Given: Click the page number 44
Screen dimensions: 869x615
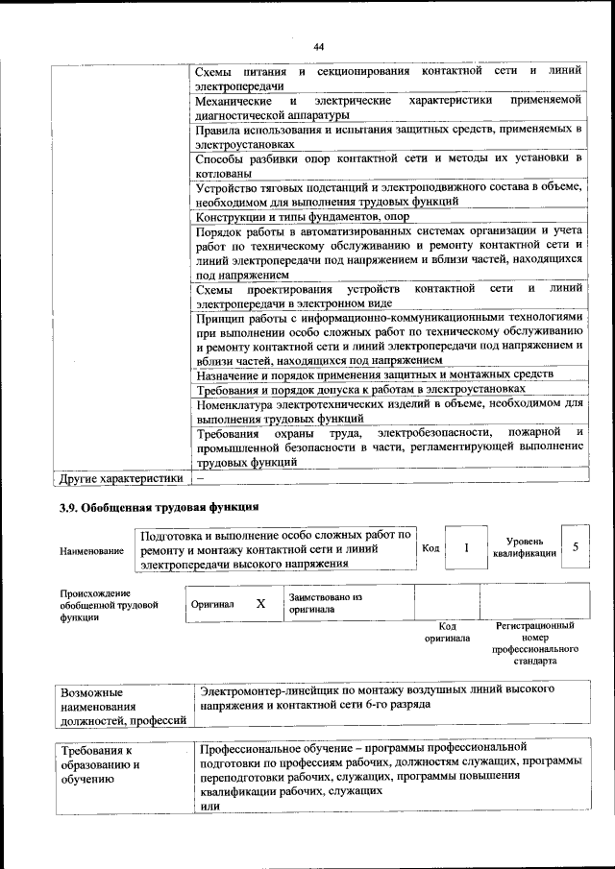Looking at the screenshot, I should (x=318, y=46).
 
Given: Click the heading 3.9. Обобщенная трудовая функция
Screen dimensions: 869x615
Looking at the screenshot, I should (x=160, y=505).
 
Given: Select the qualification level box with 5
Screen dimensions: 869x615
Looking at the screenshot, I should (x=575, y=546).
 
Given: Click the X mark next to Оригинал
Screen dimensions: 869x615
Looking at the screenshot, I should (x=259, y=604).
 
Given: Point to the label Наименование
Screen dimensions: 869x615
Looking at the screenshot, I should (x=91, y=551).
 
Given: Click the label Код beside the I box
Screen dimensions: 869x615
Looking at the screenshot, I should (x=430, y=547).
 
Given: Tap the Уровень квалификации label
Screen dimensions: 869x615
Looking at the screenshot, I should (x=525, y=547).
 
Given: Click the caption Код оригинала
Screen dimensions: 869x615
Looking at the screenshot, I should (x=447, y=632).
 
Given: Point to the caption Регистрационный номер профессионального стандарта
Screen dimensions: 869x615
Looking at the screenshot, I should (x=535, y=643).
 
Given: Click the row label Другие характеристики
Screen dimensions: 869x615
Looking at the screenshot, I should (x=120, y=477).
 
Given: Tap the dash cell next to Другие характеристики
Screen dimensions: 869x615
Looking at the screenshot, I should (x=201, y=477).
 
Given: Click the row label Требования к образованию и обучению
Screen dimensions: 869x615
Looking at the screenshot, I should (x=104, y=764).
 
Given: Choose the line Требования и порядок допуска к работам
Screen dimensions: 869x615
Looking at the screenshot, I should (x=360, y=389).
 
